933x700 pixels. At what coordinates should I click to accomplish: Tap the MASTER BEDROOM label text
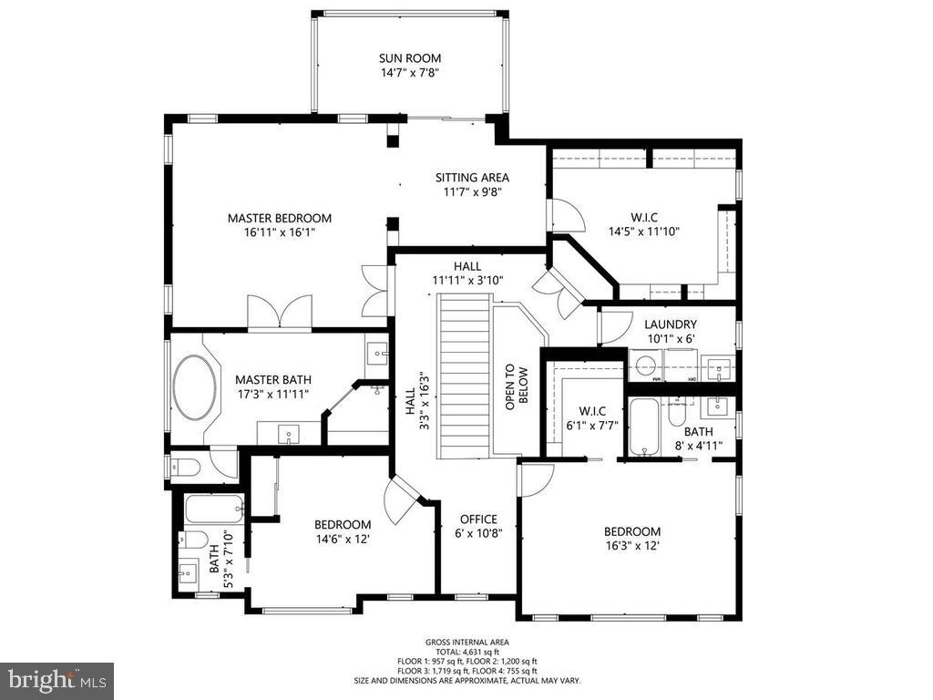click(279, 219)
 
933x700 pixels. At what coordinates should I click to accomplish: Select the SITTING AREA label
click(472, 178)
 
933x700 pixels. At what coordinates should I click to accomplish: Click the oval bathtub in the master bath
click(196, 387)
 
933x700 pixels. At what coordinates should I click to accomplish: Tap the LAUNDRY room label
click(670, 324)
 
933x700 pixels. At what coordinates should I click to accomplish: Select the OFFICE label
click(478, 520)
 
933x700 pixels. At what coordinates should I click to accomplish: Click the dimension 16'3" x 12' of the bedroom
click(631, 546)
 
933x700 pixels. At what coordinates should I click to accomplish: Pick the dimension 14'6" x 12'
click(342, 539)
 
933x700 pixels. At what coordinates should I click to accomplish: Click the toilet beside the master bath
click(186, 468)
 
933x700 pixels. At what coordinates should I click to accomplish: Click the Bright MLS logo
click(56, 680)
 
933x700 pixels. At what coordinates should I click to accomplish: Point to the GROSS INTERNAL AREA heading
click(466, 643)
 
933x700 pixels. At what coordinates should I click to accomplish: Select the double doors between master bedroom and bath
click(279, 312)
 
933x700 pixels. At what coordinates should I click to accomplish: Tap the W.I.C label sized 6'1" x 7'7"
click(586, 411)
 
